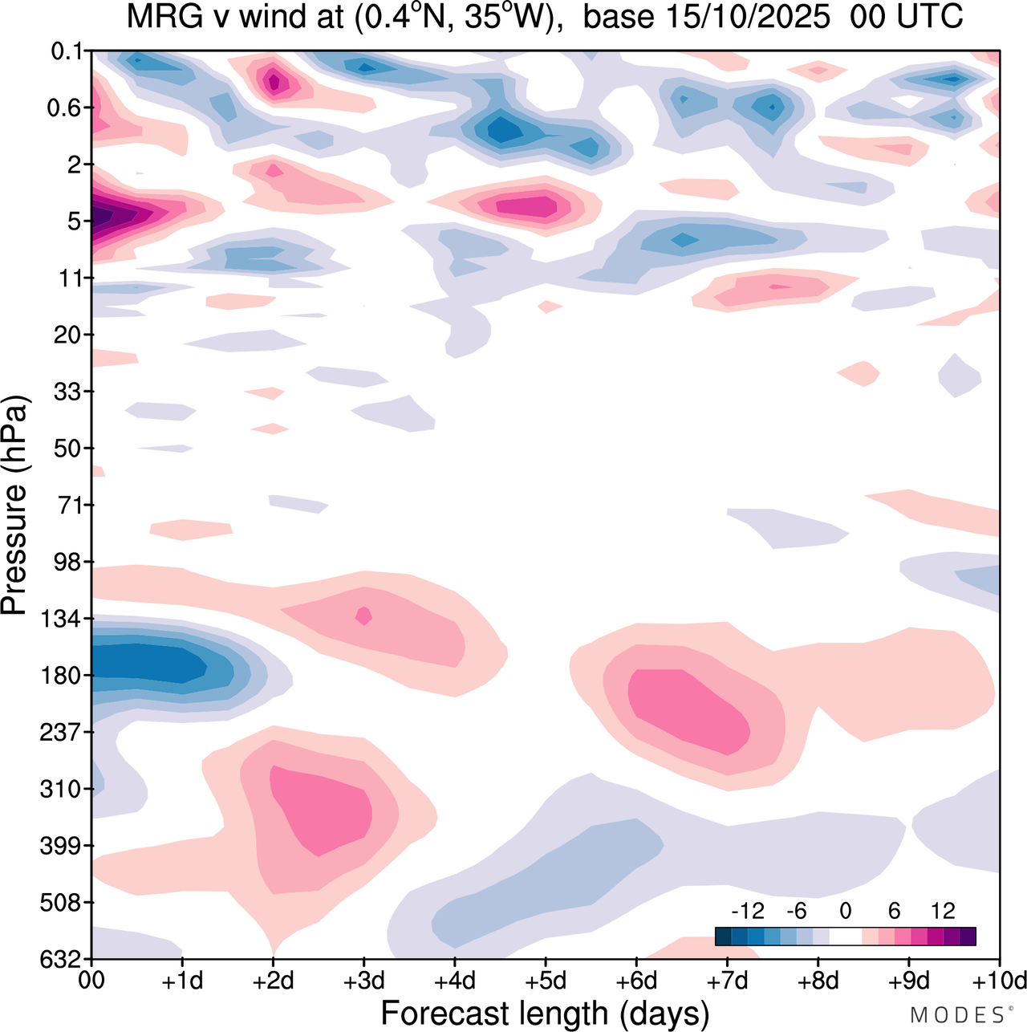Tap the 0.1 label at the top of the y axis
click(x=67, y=52)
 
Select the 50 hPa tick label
click(x=69, y=449)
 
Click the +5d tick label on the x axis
click(x=546, y=981)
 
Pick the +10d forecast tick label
click(x=998, y=981)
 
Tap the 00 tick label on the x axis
click(x=92, y=981)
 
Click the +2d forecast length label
click(x=274, y=981)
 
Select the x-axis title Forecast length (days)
click(x=545, y=1013)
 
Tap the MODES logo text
click(x=957, y=1016)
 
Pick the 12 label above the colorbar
click(x=943, y=911)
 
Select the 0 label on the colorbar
click(x=845, y=911)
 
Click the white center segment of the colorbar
click(x=845, y=937)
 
